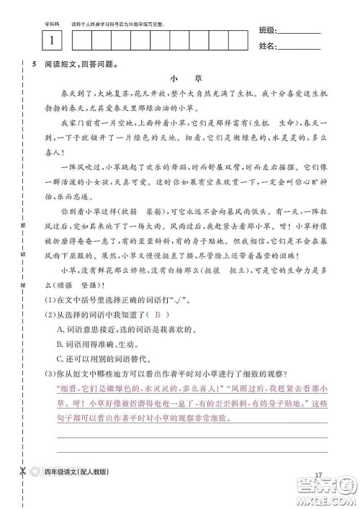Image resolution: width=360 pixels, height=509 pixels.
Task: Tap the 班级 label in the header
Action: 266,31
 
